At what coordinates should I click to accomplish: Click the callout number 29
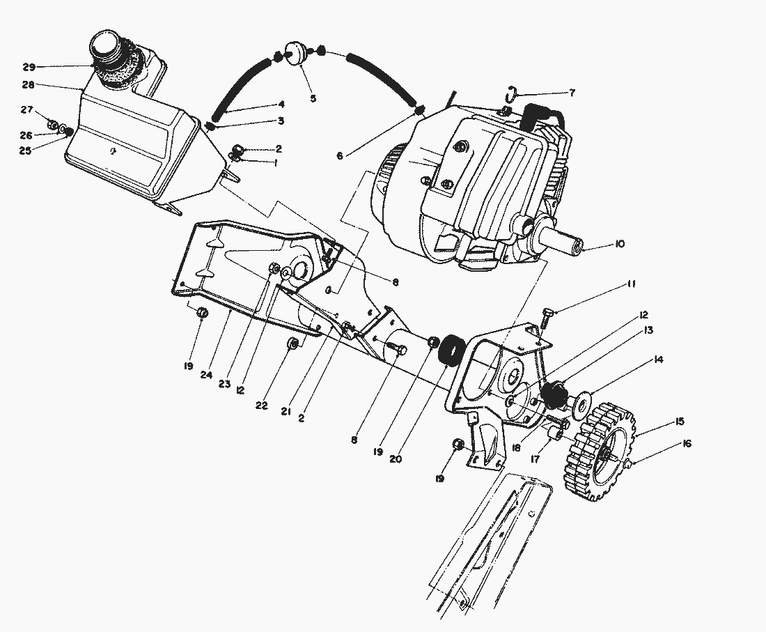coord(28,67)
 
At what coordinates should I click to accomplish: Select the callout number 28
coord(28,85)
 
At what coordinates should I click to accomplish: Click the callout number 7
coord(572,92)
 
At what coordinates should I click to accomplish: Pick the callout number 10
coord(619,244)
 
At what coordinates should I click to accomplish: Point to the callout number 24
coord(206,374)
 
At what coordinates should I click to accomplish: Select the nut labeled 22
coord(294,344)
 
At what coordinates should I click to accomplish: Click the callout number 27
coord(26,109)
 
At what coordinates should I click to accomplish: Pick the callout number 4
coord(281,105)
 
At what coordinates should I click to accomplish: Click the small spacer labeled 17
coord(554,435)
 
